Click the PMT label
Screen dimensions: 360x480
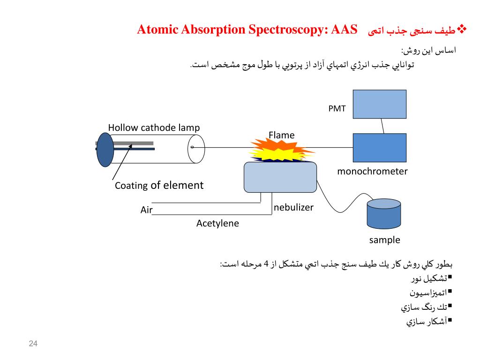pos(337,109)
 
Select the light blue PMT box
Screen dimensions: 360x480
pos(379,104)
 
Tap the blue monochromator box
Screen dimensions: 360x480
pos(379,148)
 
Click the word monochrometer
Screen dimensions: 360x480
pos(372,172)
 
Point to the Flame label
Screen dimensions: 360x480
pos(281,135)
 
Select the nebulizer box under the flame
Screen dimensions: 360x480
pos(280,177)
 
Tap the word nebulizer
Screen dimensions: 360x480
pos(293,207)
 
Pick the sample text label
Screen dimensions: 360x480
pos(384,240)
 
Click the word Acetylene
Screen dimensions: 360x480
pos(217,224)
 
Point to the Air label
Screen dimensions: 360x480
pos(147,210)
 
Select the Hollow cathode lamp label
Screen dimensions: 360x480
pos(154,127)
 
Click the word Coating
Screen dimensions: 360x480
pos(132,186)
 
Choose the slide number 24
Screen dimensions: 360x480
pos(33,345)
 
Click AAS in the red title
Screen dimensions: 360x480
pos(344,30)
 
